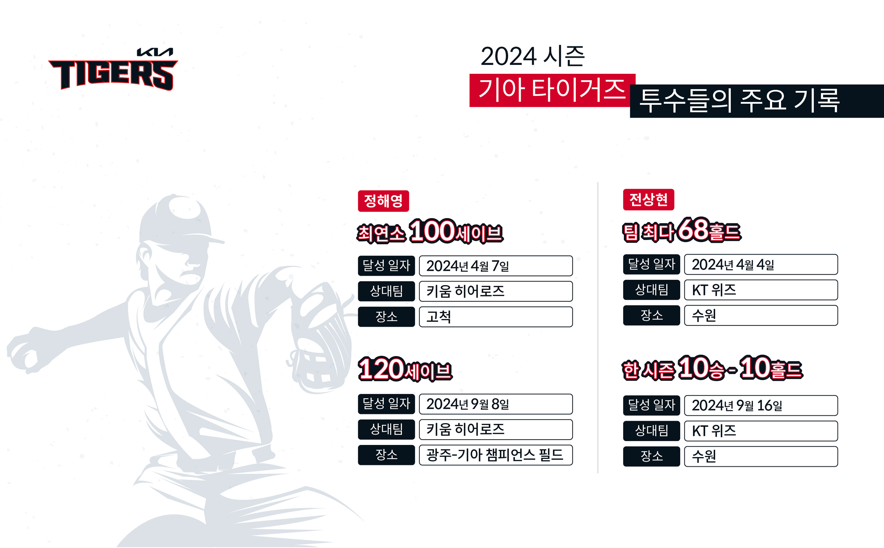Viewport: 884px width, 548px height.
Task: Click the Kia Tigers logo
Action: (113, 69)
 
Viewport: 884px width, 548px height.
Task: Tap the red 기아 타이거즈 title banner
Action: (552, 90)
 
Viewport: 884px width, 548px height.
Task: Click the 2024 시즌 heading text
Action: (533, 56)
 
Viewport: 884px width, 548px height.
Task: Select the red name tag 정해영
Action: (383, 201)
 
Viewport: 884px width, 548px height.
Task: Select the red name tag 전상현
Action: (649, 199)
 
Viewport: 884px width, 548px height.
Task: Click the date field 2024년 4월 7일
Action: (496, 266)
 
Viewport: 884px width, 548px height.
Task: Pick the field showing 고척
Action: (496, 317)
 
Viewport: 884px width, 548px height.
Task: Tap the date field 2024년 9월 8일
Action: (496, 404)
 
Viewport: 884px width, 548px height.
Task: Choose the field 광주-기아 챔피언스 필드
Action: (496, 455)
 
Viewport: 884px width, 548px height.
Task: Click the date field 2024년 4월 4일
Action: (761, 264)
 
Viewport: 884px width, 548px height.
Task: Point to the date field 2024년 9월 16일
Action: (761, 405)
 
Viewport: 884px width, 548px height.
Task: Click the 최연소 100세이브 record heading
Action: (430, 231)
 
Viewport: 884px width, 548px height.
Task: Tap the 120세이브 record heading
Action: (405, 369)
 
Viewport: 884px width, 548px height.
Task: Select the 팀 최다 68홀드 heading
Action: (682, 230)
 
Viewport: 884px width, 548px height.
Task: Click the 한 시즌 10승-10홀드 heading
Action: (713, 367)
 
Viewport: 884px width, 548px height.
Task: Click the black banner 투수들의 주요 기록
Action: (757, 101)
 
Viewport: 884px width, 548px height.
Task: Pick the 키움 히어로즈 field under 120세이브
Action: (496, 430)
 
